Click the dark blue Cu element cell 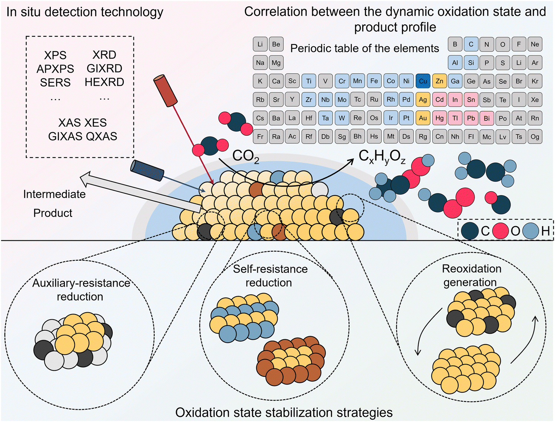click(423, 81)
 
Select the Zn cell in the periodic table click(439, 81)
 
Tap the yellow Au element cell click(423, 118)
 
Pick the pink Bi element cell click(487, 118)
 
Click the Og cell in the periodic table click(535, 136)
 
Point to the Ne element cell click(535, 44)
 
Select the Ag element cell click(423, 99)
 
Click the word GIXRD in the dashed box click(105, 69)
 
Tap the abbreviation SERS click(55, 82)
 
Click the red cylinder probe click(165, 90)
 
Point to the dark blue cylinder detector click(147, 171)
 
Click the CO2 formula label click(246, 156)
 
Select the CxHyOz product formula click(382, 156)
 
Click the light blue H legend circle click(531, 231)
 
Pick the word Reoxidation click(472, 268)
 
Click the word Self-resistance click(270, 269)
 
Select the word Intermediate click(54, 194)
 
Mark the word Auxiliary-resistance click(81, 283)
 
